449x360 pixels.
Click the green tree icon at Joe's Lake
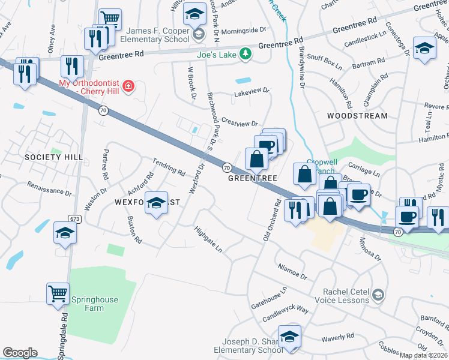pos(245,54)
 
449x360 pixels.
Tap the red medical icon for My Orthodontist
pos(128,88)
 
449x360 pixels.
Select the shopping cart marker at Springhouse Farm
pos(58,294)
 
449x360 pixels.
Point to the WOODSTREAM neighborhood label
pos(357,115)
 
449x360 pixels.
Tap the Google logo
pos(20,353)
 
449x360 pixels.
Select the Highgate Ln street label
pos(208,239)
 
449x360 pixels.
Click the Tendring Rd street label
pos(169,167)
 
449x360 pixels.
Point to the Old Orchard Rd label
pos(271,221)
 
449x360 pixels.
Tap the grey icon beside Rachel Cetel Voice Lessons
pos(378,295)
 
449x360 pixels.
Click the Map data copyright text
pos(423,355)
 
